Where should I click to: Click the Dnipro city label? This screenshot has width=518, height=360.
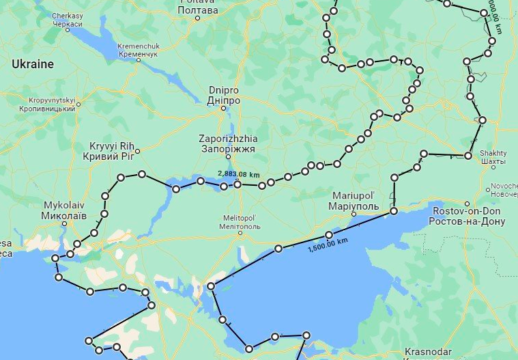(x=223, y=95)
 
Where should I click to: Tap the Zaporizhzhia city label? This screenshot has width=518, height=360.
(x=228, y=143)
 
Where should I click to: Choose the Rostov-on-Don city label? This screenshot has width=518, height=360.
(x=467, y=216)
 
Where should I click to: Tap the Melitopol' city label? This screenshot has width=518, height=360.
(x=240, y=221)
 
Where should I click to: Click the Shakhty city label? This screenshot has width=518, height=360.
(x=493, y=156)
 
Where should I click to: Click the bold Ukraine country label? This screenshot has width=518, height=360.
(x=32, y=64)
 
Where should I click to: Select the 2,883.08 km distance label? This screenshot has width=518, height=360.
(x=238, y=174)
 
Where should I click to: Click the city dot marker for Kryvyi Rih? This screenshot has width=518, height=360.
(x=137, y=150)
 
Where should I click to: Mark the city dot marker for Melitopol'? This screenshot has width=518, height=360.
(x=240, y=233)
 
